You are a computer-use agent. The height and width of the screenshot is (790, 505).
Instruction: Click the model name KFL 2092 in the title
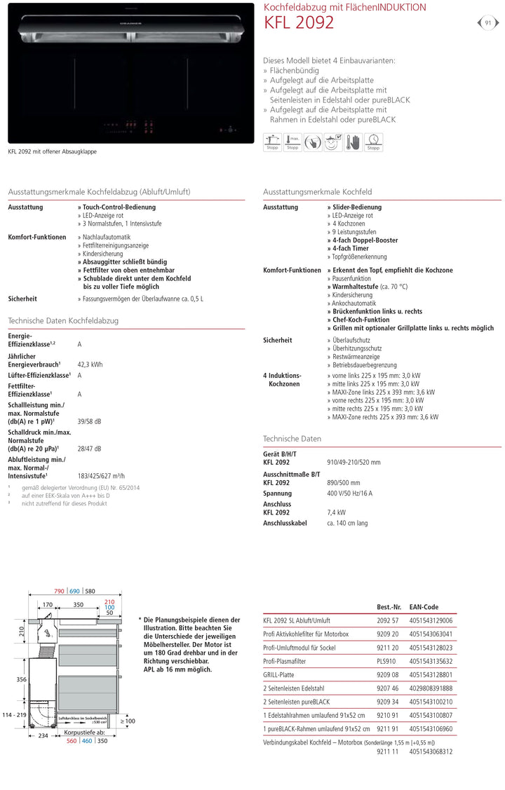[299, 23]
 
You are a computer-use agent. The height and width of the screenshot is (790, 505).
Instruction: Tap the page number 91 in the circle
[488, 23]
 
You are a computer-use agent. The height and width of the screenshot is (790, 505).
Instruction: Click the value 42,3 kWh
[90, 365]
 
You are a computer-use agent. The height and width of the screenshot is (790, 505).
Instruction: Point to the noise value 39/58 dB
[89, 421]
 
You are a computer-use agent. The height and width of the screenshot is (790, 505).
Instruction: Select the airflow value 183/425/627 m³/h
[102, 475]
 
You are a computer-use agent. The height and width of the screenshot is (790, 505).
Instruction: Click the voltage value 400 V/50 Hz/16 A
[350, 493]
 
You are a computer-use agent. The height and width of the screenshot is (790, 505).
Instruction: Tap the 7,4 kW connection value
[336, 512]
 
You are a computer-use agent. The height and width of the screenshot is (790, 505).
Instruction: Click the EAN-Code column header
[424, 607]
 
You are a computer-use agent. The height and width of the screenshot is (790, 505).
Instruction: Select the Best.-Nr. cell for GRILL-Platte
[388, 674]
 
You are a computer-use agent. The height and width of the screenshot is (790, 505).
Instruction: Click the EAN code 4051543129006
[431, 620]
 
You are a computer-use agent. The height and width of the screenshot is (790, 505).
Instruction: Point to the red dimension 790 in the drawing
[59, 592]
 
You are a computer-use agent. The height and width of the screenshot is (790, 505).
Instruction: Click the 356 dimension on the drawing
[22, 679]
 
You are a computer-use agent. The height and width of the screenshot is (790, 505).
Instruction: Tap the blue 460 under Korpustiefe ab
[87, 740]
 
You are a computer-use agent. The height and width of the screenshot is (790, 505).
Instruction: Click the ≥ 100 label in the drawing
[127, 721]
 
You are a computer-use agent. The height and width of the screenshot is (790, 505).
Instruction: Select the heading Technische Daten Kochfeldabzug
[63, 320]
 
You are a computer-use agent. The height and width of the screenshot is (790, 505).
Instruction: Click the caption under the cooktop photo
[53, 151]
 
